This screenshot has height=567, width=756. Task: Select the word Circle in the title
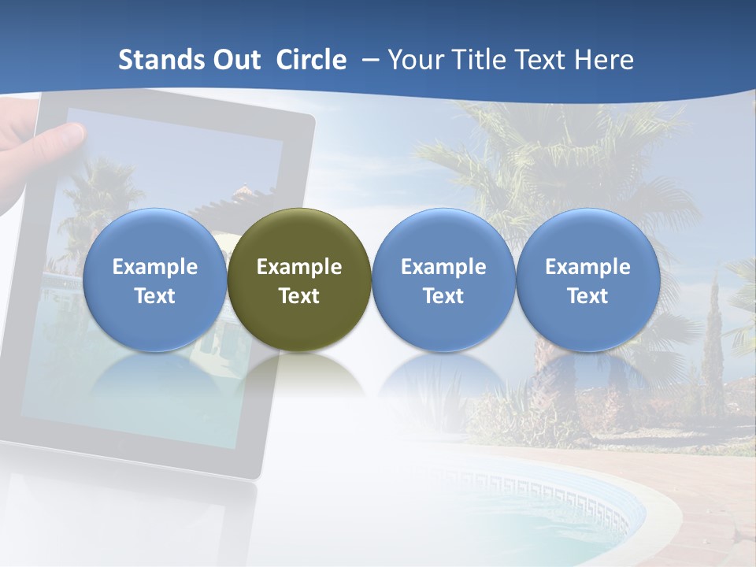point(311,61)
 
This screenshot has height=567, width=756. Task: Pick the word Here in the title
point(603,61)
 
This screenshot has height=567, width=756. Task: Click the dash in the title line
point(367,61)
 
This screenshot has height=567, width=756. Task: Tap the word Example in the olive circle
point(299,267)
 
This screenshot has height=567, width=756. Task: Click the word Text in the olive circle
point(299,296)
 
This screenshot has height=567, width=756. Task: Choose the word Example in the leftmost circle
point(154,267)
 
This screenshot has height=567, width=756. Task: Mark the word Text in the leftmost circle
point(154,296)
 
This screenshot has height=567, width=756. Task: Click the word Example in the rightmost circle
point(587,267)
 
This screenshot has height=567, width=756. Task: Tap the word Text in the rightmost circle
point(587,296)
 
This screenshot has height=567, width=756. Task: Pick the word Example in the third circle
point(443,267)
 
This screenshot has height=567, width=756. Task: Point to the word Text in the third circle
point(443,296)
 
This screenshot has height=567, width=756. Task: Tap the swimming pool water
point(551,528)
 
